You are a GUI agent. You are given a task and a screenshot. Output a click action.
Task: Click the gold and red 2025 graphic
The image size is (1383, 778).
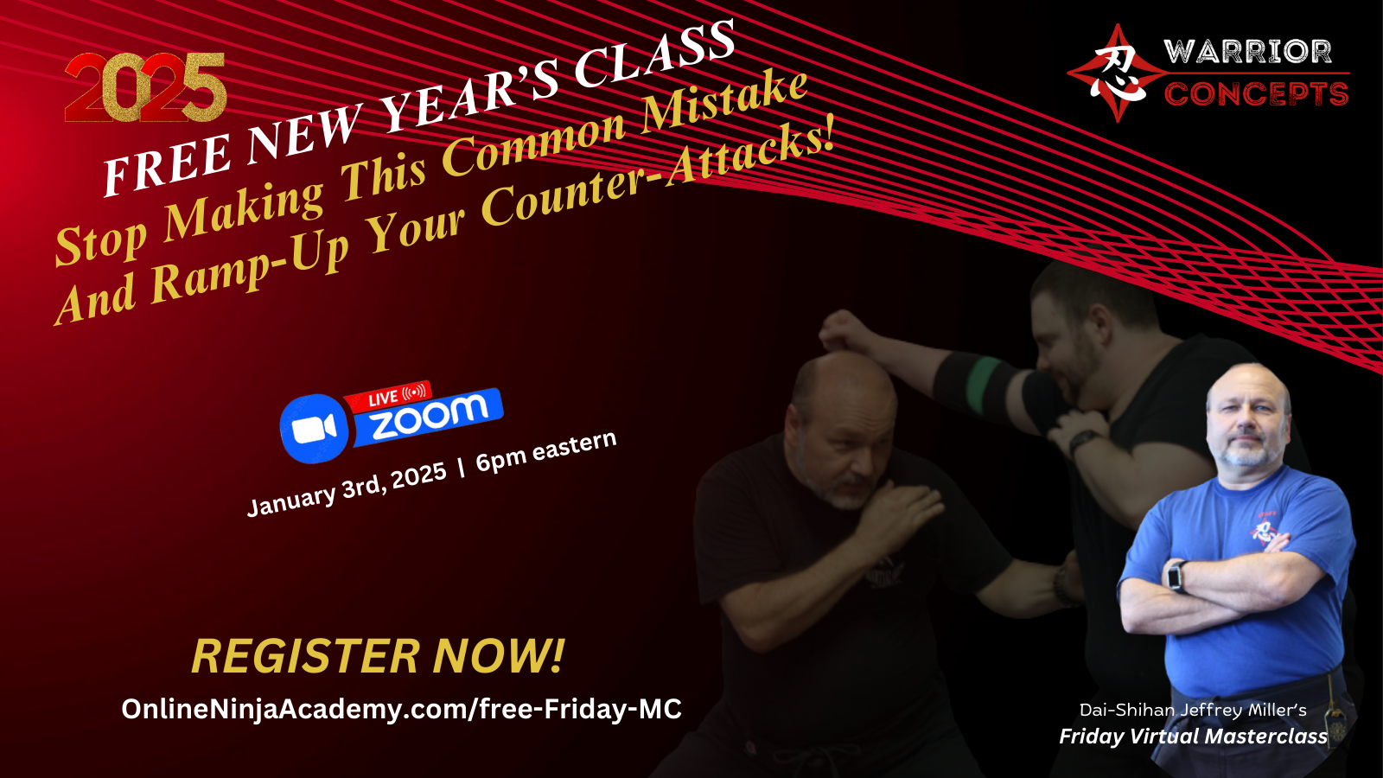(146, 87)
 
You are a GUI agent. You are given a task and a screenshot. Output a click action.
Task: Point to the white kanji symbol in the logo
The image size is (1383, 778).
(1119, 73)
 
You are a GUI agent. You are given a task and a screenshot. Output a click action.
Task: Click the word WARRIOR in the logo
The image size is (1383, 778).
(1248, 52)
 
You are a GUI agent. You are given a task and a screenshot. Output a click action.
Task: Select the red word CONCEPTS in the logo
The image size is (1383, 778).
(1256, 94)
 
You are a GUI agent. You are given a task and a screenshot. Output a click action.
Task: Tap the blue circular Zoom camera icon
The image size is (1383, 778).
(315, 428)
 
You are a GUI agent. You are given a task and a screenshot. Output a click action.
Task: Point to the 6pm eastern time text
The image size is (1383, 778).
(545, 451)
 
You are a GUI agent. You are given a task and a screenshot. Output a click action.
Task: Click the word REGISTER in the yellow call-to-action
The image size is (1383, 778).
(306, 656)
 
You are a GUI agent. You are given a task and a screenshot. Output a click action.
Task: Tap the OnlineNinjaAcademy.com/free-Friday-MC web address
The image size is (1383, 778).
(401, 709)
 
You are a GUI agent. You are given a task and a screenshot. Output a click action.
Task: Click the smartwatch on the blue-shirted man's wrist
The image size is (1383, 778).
(1176, 576)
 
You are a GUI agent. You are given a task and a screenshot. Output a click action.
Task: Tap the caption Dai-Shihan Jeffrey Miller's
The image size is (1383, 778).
(1193, 710)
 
